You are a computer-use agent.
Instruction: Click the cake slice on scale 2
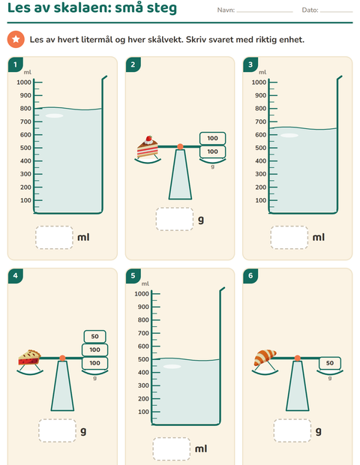coord(148,147)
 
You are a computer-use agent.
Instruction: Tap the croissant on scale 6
coord(265,358)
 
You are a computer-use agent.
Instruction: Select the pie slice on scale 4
coord(30,357)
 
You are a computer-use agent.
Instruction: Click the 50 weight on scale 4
coord(95,336)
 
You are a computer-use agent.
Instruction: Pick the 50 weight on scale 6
coord(330,363)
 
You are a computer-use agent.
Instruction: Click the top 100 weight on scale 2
coord(212,138)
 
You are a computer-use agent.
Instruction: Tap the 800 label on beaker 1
coord(25,109)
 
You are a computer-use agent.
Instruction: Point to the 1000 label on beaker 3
coord(259,82)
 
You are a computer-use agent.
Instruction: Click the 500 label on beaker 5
coord(143,359)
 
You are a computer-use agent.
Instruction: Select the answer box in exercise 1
coord(54,238)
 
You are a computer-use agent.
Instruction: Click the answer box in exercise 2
coord(175,219)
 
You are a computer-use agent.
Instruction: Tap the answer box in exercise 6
coord(292,430)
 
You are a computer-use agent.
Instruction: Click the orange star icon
coord(16,40)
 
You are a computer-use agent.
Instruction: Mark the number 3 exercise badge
coord(250,64)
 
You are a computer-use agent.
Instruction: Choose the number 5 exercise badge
coord(133,276)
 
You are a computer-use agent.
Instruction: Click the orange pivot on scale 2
coord(180,146)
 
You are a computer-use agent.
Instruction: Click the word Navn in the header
coord(225,10)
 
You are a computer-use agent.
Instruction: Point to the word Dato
coord(309,10)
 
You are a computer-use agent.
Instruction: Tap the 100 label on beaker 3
coord(261,200)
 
